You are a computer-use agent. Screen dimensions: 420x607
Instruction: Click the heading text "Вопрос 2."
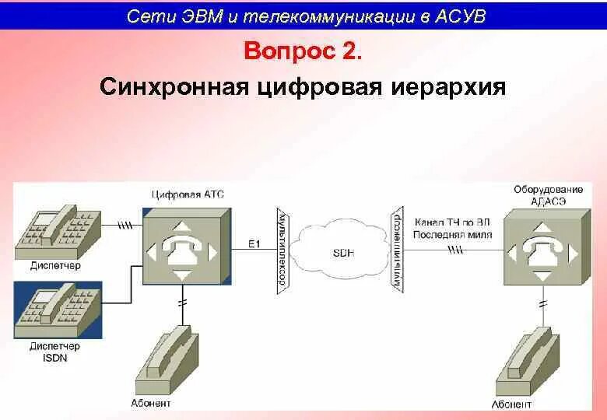tap(303, 52)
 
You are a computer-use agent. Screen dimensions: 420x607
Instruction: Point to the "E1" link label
tap(254, 244)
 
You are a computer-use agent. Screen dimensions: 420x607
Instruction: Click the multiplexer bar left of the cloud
tap(283, 250)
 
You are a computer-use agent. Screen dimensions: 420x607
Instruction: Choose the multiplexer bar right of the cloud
tap(398, 250)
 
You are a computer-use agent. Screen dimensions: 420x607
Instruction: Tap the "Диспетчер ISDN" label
tap(54, 352)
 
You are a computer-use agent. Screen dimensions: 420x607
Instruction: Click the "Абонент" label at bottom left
tap(150, 404)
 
